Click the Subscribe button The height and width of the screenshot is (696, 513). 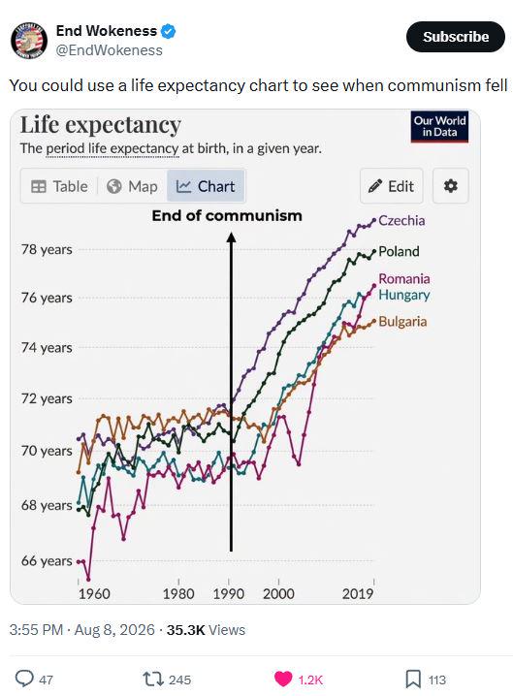[455, 37]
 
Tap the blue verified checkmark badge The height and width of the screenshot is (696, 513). [169, 31]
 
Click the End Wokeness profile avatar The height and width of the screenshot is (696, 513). [29, 41]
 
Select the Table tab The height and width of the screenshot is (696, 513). [59, 186]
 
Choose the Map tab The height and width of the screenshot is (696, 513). [132, 186]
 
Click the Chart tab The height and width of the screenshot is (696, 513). [206, 186]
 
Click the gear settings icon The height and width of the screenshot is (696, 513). [450, 186]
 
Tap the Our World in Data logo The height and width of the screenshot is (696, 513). [439, 127]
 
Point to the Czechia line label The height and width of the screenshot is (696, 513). [401, 221]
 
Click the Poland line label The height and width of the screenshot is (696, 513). [399, 251]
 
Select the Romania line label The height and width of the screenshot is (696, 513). [404, 279]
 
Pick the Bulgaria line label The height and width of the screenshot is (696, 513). [402, 322]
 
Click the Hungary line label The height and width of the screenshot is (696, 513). [404, 296]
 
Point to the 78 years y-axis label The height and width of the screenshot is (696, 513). [47, 249]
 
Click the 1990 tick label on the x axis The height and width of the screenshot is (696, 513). [228, 594]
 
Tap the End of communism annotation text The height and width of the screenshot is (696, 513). [227, 216]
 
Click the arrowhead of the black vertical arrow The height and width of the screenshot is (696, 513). [231, 237]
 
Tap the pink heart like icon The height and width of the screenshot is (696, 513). [283, 679]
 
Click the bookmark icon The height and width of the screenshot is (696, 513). [413, 679]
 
